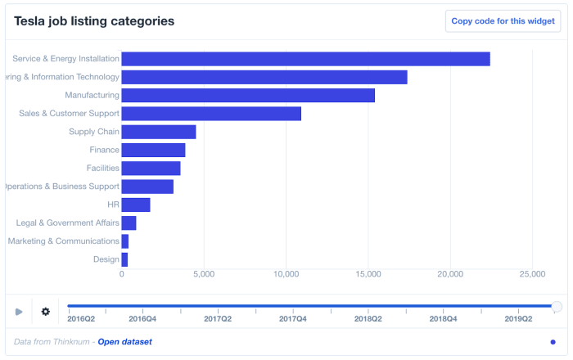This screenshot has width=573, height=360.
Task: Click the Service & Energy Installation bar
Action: tap(305, 59)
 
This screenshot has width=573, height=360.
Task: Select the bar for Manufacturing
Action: tap(248, 96)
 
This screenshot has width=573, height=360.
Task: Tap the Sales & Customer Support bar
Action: tap(211, 114)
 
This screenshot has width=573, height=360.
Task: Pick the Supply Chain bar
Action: tap(159, 132)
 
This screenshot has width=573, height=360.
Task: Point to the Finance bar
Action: tap(153, 150)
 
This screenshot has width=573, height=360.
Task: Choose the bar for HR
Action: tap(136, 205)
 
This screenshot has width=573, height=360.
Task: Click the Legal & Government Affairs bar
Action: tap(129, 223)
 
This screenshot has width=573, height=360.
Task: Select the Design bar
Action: tap(124, 259)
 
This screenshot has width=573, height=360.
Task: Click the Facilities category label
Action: tap(103, 168)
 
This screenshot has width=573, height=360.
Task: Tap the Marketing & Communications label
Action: tap(63, 241)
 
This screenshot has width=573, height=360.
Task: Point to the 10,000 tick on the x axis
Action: tap(286, 274)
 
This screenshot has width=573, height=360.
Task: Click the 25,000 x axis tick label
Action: tap(532, 274)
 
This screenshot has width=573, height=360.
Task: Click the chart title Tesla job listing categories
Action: tap(94, 21)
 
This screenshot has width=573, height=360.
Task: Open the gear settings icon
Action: tap(46, 312)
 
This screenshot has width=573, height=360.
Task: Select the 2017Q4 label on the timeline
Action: tap(293, 318)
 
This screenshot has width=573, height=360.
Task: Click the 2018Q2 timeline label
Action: tap(368, 318)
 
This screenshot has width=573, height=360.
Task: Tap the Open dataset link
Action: tap(124, 341)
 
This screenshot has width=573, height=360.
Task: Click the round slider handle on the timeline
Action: tap(557, 307)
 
